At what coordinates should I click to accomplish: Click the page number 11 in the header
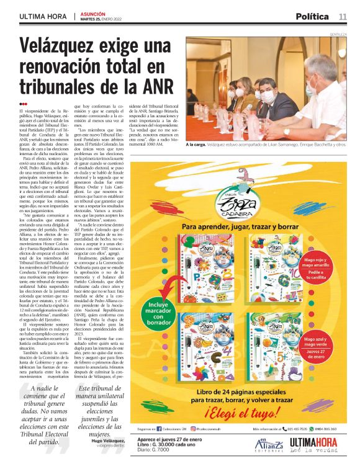(x=343, y=16)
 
